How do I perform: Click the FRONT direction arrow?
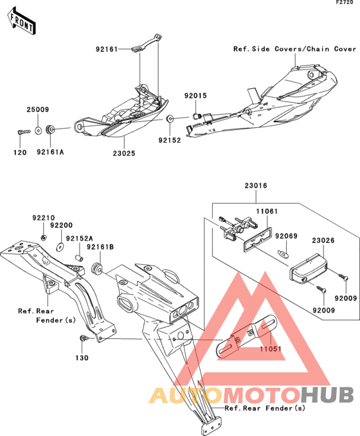[x=21, y=21]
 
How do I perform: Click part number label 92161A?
[x=50, y=152]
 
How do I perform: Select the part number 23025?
[x=124, y=153]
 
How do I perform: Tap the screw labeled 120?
[x=24, y=131]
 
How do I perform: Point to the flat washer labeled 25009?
[x=38, y=130]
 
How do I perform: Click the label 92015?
[x=195, y=96]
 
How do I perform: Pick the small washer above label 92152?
[x=170, y=119]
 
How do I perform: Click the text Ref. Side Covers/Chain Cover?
[x=294, y=49]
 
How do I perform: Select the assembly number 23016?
[x=256, y=185]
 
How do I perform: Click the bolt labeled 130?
[x=84, y=338]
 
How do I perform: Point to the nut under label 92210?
[x=43, y=237]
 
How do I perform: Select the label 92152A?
[x=80, y=239]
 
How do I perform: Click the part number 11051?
[x=271, y=349]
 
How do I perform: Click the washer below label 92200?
[x=60, y=247]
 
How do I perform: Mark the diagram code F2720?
[x=345, y=3]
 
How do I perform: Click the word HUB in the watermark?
[x=327, y=395]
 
